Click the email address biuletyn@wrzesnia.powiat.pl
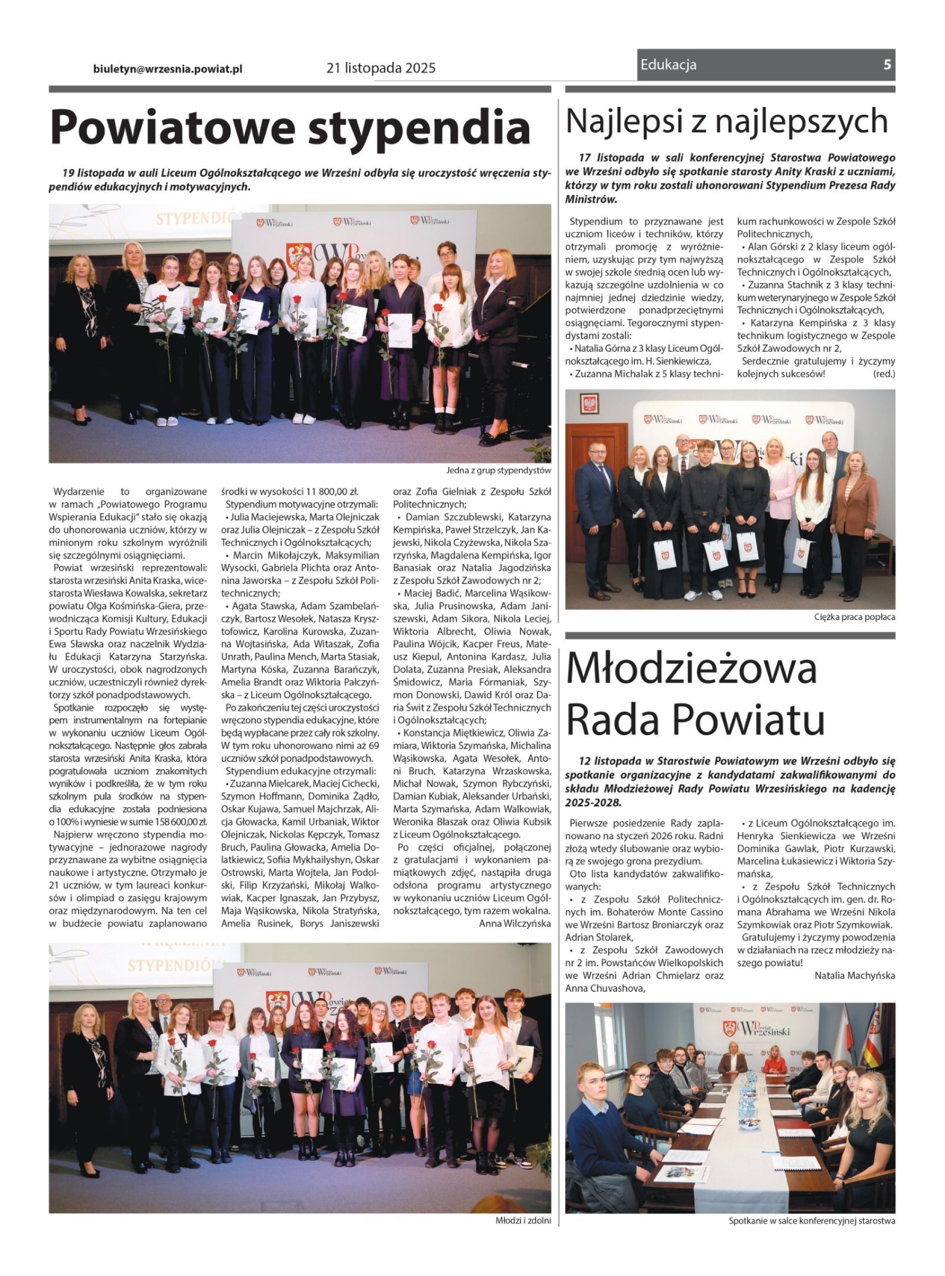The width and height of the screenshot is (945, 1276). pyautogui.click(x=168, y=68)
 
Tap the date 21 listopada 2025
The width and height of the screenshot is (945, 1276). pyautogui.click(x=381, y=68)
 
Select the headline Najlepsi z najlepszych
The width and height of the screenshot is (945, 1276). pyautogui.click(x=726, y=121)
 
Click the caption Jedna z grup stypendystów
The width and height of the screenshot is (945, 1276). pyautogui.click(x=498, y=470)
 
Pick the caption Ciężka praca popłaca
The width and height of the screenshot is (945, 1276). pyautogui.click(x=854, y=618)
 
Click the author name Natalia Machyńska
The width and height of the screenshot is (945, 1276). pyautogui.click(x=854, y=975)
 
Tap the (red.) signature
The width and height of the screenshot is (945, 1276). pyautogui.click(x=884, y=374)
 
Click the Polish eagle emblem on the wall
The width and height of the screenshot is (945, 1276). pyautogui.click(x=589, y=404)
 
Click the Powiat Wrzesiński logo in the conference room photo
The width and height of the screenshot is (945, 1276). pyautogui.click(x=756, y=1028)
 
